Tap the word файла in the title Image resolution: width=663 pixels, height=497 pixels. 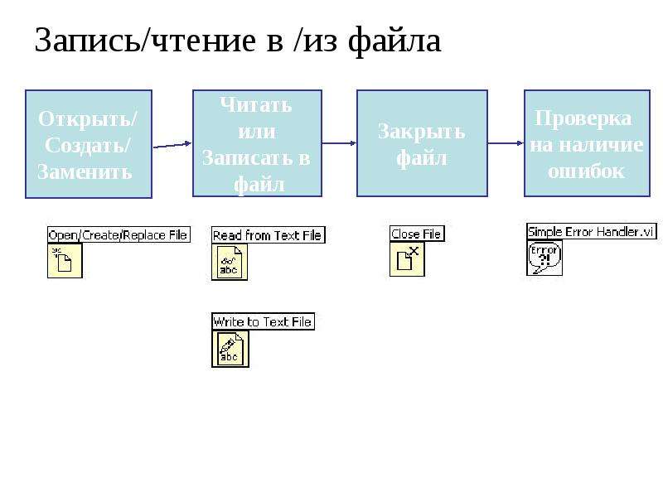click(394, 41)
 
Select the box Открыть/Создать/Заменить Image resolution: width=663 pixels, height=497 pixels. click(89, 143)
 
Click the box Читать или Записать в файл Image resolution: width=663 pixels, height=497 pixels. click(257, 143)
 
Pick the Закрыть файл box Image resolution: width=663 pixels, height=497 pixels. click(422, 143)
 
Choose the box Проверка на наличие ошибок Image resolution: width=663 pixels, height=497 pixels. click(587, 143)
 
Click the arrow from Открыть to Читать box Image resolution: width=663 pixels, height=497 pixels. click(172, 145)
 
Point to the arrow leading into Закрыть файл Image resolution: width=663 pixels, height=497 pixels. click(339, 143)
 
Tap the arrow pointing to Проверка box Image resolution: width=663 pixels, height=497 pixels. click(506, 143)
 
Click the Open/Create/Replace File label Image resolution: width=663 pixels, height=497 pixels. click(119, 235)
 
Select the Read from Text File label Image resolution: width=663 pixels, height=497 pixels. click(268, 235)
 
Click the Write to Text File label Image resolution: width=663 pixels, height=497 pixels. click(263, 321)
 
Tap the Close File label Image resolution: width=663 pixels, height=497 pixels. click(417, 234)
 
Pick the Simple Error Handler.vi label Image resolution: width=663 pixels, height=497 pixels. click(592, 232)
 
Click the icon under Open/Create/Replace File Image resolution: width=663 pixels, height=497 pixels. click(65, 261)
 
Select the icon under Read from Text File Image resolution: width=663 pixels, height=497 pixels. click(230, 262)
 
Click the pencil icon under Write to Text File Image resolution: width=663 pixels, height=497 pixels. click(230, 349)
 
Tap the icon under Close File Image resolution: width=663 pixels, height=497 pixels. click(407, 259)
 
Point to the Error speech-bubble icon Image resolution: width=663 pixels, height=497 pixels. click(544, 258)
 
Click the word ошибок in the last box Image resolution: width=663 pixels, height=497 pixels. click(586, 171)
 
